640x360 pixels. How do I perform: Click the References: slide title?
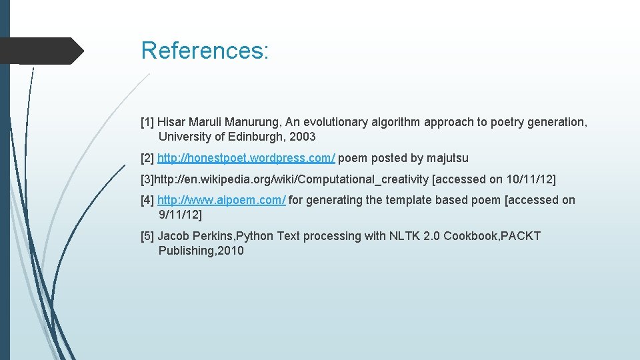tap(205, 51)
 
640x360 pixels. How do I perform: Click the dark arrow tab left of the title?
tap(41, 51)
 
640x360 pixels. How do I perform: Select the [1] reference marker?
tap(147, 122)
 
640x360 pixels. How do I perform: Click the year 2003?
tap(303, 137)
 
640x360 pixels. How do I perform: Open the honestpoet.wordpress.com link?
tap(246, 158)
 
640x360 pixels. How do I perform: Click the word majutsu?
tap(447, 158)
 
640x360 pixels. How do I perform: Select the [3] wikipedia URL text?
tap(293, 179)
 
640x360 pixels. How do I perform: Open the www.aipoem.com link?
tap(221, 200)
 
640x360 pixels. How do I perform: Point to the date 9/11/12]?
tap(180, 215)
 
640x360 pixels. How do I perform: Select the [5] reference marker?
tap(147, 236)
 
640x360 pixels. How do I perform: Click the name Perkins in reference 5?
tap(213, 236)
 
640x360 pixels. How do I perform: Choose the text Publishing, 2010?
tap(201, 251)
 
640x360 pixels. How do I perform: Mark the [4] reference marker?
tap(147, 200)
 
